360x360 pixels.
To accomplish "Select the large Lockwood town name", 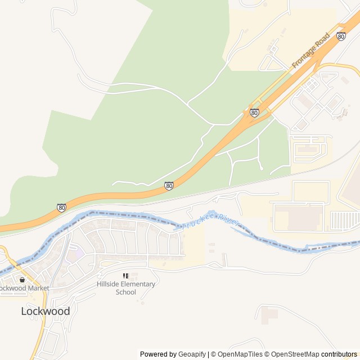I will coord(46,311).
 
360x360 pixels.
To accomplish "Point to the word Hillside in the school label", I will coord(108,284).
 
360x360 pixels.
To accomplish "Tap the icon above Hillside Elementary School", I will coord(125,276).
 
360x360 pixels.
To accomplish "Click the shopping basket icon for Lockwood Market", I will coord(22,280).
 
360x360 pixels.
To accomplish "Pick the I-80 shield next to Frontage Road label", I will coord(341,36).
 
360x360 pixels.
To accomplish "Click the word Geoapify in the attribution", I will coord(192,354).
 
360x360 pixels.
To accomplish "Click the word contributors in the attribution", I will coord(339,354).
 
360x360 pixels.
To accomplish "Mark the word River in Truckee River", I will coord(228,219).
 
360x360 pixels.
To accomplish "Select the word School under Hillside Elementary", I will coord(125,292).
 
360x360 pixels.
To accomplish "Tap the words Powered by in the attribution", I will coord(158,354).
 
